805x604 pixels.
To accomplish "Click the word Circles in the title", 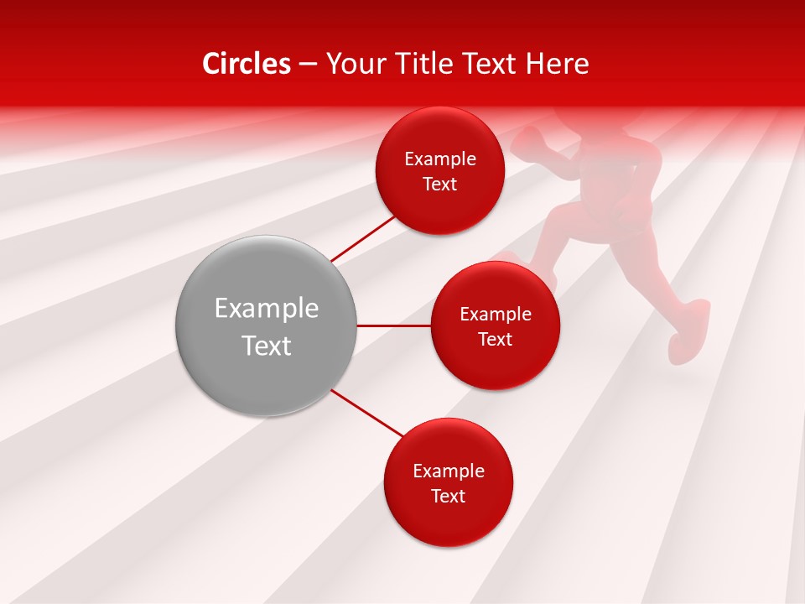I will pos(247,64).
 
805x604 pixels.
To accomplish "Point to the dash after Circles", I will pos(308,65).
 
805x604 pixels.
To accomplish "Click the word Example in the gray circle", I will pos(267,309).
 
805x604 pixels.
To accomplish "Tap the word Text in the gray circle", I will pos(267,346).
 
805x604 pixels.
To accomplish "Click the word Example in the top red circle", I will pos(440,159).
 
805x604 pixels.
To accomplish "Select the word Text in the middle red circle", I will pos(495,340).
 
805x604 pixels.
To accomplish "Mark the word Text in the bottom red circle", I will pos(449,497).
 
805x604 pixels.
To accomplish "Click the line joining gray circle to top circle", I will pos(362,237).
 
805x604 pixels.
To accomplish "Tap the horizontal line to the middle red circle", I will pos(394,325).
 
